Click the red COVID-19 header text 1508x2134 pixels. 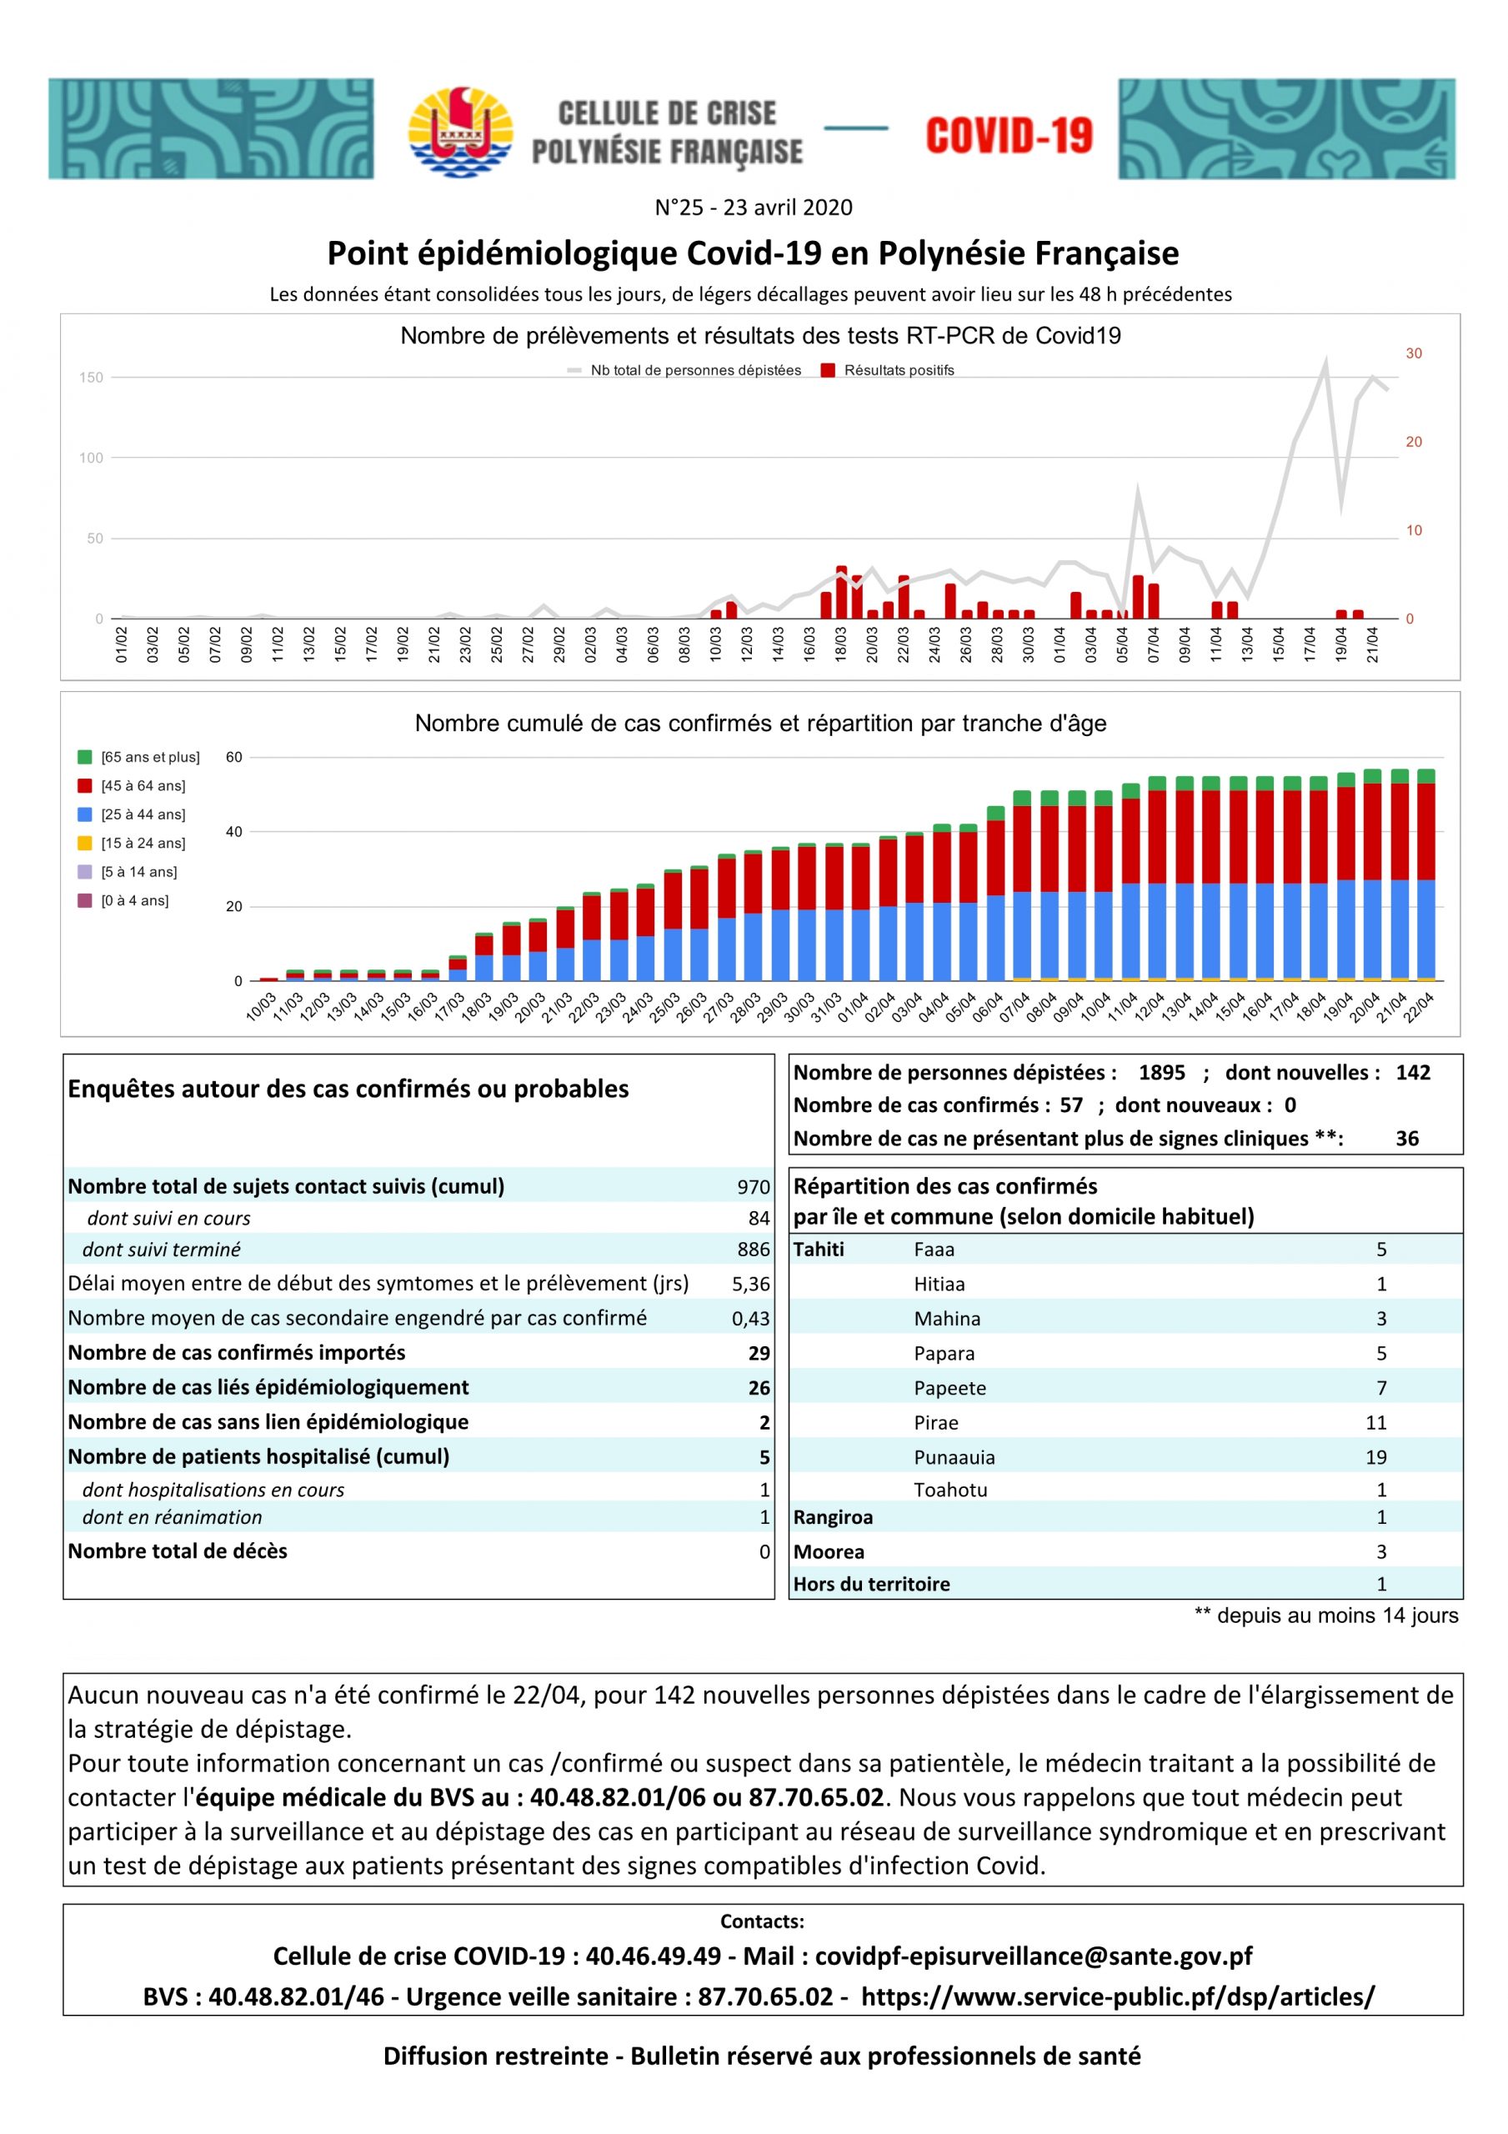[x=1009, y=136]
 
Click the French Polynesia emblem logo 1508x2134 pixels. [x=460, y=131]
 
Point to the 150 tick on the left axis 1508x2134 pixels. [x=91, y=378]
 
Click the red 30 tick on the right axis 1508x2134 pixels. [x=1413, y=353]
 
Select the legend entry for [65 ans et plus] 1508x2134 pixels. [x=139, y=757]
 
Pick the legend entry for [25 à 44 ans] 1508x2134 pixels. [x=132, y=814]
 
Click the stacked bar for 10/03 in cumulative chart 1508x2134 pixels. [x=268, y=979]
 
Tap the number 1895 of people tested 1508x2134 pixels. [x=1161, y=1073]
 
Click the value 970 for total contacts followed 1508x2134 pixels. [x=753, y=1187]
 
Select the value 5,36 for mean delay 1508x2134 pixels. [x=751, y=1284]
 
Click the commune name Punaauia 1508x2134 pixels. [x=954, y=1457]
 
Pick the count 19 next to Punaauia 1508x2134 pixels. [x=1376, y=1457]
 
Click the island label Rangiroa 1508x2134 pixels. [x=833, y=1517]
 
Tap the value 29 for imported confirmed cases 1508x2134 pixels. [x=759, y=1353]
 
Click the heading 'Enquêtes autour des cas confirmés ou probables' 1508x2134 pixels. [x=348, y=1089]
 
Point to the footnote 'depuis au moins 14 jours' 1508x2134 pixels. [x=1337, y=1616]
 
